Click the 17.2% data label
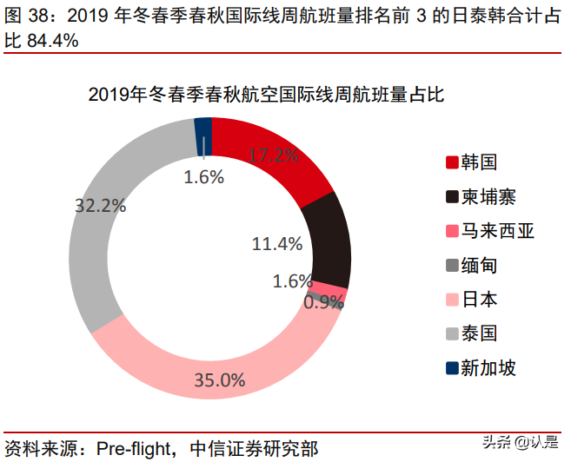273,156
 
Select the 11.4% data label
276,243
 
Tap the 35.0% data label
220,380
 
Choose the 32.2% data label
100,206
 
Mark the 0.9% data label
323,301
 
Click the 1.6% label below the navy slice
204,177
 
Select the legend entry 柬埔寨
490,197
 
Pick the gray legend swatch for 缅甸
452,266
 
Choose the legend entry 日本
481,300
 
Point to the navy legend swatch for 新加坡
452,368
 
